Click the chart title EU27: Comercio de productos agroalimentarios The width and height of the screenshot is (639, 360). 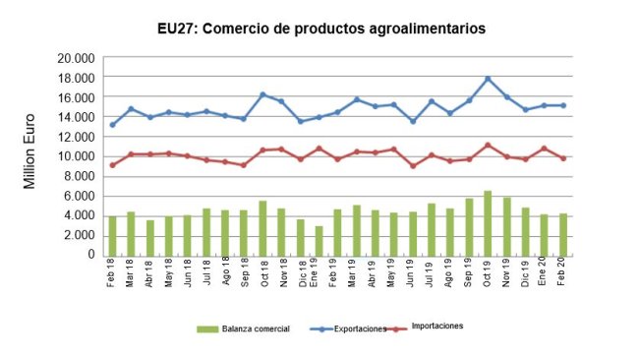tap(321, 30)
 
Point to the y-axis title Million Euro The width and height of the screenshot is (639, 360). tap(30, 154)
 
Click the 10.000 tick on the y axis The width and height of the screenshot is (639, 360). tap(75, 156)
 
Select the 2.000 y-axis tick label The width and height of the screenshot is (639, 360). tap(78, 235)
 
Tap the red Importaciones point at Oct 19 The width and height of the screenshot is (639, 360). tap(488, 145)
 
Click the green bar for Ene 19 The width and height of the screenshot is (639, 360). tap(319, 240)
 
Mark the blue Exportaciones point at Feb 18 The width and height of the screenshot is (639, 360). tap(112, 125)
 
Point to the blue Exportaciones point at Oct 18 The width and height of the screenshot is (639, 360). tap(262, 94)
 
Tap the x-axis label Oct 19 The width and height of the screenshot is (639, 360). tap(489, 273)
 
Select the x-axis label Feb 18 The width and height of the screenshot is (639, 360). tap(113, 273)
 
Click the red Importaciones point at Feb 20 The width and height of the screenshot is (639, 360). tap(563, 157)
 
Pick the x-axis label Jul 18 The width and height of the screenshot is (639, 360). tap(206, 273)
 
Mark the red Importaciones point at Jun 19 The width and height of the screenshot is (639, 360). tap(413, 165)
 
